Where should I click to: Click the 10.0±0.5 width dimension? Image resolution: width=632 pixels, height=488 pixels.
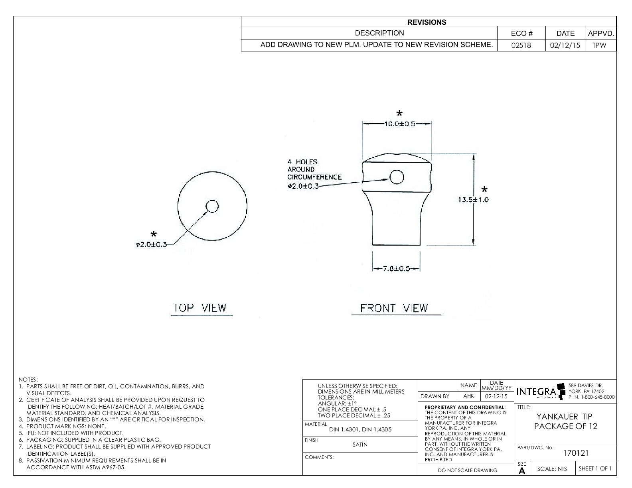pos(399,124)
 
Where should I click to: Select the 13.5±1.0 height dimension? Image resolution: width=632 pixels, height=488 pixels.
pos(473,200)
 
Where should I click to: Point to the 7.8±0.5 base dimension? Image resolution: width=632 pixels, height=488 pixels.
pos(396,269)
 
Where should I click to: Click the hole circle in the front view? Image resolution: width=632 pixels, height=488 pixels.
pos(397,177)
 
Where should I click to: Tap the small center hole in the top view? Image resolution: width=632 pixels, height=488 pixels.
pos(212,206)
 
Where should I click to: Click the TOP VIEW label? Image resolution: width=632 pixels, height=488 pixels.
pos(199,308)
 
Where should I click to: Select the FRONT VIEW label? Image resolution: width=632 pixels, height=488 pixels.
pos(394,308)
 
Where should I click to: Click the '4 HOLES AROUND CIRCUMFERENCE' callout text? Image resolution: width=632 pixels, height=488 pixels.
pos(314,169)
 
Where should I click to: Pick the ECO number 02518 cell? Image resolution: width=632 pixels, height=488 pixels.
pos(521,45)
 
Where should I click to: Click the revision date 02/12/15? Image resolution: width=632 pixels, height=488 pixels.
pos(565,45)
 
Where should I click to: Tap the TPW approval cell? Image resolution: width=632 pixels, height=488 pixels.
pos(599,45)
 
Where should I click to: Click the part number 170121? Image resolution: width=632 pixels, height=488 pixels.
pos(576,453)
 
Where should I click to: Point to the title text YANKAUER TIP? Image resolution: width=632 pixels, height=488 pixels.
pos(564,417)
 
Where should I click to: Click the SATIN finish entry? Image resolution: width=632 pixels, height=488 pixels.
pos(360,445)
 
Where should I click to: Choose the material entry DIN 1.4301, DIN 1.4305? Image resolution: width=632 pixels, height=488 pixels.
pos(360,429)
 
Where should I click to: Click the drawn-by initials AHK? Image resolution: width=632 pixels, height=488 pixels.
pos(468,396)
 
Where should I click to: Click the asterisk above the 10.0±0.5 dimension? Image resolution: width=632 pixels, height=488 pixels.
pos(399,113)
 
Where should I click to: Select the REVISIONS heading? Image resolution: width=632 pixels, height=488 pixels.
pos(427,22)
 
